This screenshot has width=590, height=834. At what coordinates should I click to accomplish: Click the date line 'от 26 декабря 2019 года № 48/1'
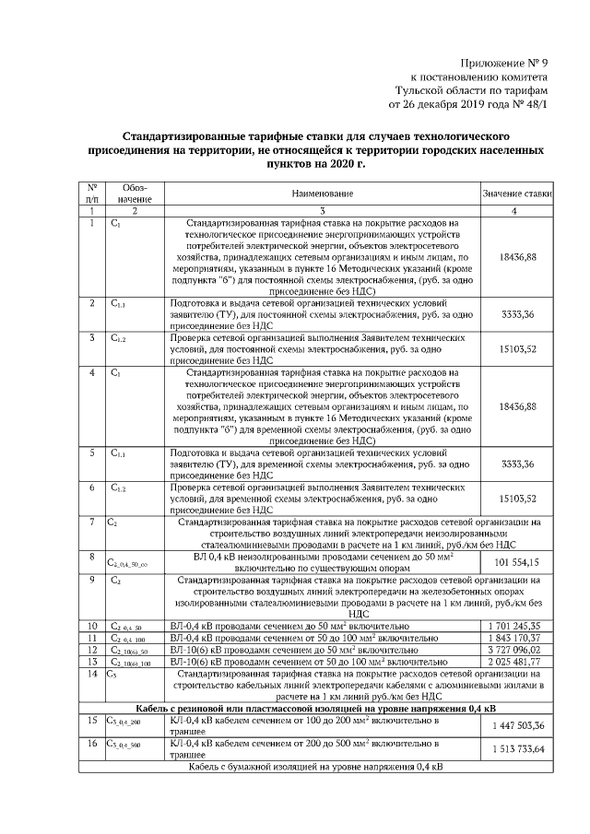(468, 105)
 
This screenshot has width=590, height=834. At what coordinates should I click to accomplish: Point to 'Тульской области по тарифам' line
(471, 90)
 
